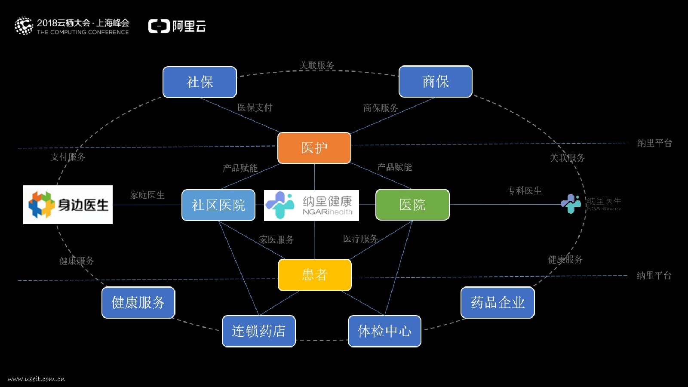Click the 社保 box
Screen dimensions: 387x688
[x=200, y=82]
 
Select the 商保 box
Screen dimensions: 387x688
[x=435, y=81]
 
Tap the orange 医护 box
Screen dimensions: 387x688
[x=314, y=148]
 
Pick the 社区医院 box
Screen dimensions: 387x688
[x=218, y=205]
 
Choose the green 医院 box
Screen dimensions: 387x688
[x=412, y=205]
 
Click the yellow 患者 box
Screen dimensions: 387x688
[x=315, y=275]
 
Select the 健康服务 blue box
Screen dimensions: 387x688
[x=138, y=303]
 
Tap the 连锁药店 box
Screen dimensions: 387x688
[x=258, y=331]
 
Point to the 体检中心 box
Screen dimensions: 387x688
[x=384, y=331]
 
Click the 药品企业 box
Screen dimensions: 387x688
[x=498, y=303]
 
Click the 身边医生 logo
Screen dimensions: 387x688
[x=68, y=205]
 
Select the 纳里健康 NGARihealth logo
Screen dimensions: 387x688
[x=311, y=206]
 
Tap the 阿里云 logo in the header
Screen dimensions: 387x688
[x=177, y=26]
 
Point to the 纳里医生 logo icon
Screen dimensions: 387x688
[x=571, y=204]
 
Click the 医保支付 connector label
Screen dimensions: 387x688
[x=255, y=107]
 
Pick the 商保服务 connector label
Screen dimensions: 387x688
[x=381, y=108]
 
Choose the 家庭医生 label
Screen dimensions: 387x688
[x=147, y=195]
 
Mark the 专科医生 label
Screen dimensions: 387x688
[x=525, y=190]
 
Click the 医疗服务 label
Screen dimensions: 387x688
[x=360, y=239]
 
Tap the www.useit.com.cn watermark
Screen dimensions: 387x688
[x=37, y=379]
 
